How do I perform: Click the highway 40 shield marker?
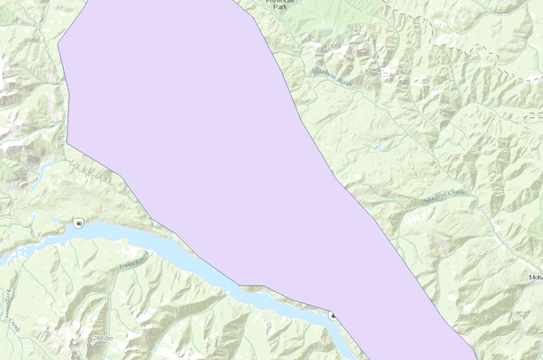[79, 223]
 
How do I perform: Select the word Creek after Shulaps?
[456, 192]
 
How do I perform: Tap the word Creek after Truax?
[142, 255]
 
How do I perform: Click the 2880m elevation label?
[103, 339]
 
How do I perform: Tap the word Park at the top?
[280, 7]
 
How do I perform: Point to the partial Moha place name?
[535, 278]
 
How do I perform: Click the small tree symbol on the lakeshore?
[334, 315]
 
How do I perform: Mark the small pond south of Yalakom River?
[380, 148]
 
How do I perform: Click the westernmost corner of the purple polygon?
[59, 43]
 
